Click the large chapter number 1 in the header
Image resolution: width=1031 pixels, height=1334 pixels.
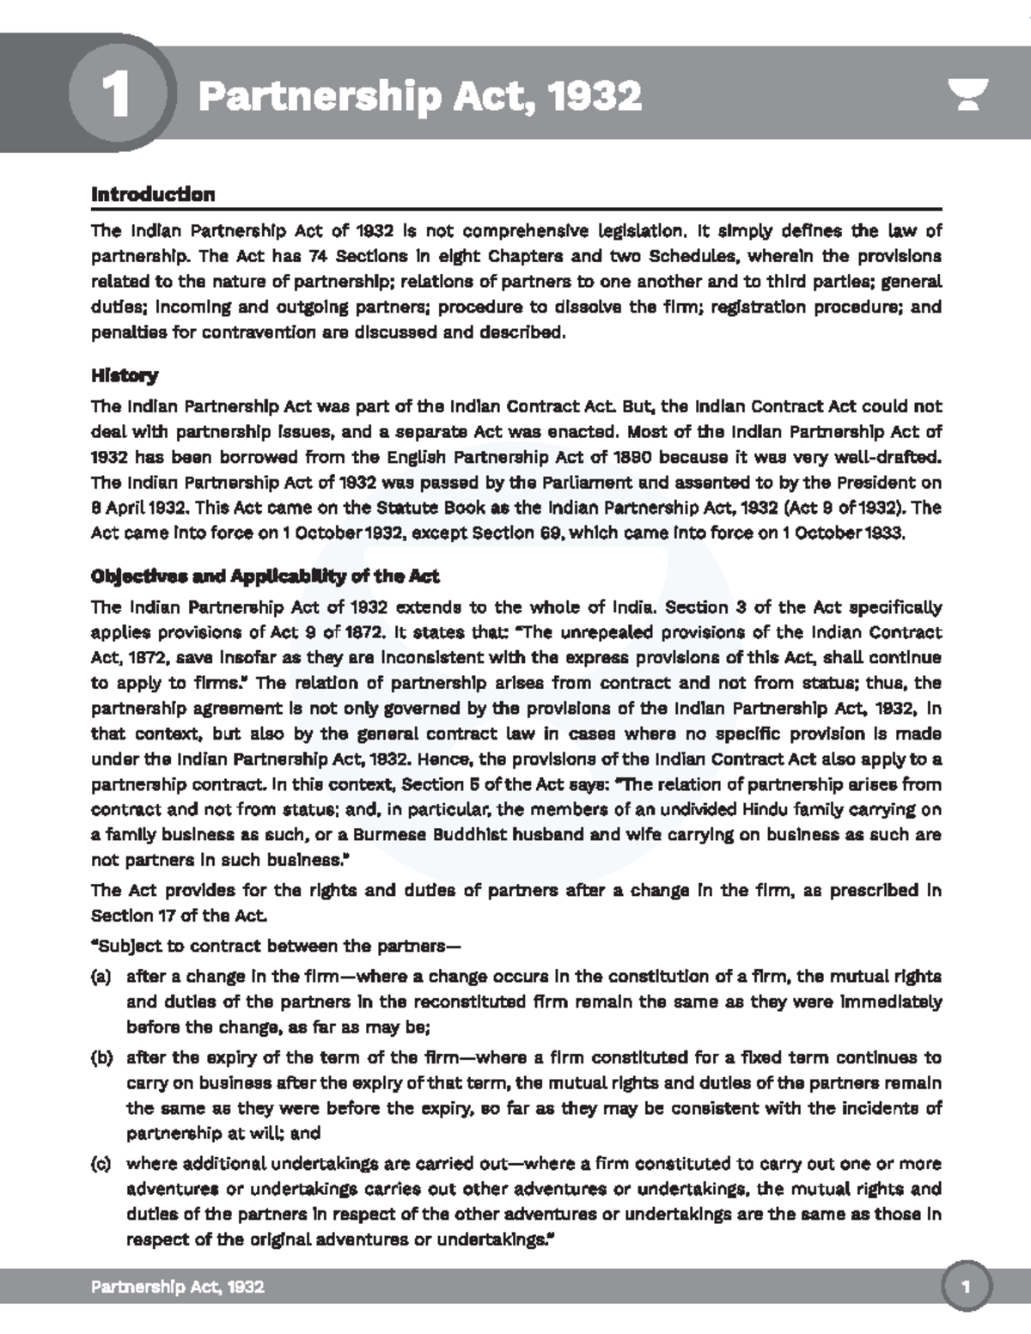116,95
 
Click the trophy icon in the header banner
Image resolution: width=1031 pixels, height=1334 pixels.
968,94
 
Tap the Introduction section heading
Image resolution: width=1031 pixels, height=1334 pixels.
153,194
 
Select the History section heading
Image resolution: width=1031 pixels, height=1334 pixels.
125,375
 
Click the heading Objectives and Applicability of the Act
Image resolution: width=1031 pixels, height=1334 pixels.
265,576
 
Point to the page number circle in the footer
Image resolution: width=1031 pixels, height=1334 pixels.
967,1287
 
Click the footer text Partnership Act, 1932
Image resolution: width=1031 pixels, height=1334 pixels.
178,1287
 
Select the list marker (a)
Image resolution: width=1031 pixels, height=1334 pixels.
101,977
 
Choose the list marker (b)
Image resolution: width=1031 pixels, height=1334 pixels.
101,1058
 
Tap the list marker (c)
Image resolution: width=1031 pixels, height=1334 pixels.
101,1165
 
